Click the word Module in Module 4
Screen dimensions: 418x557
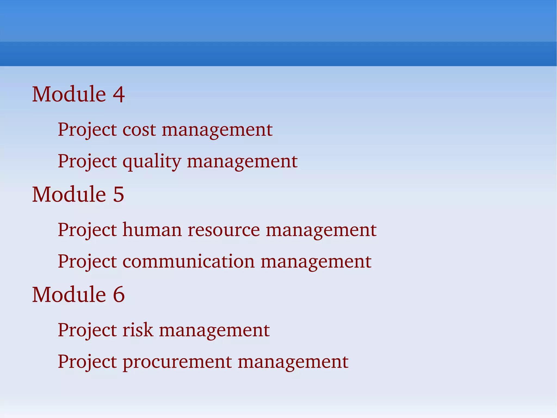[x=69, y=94]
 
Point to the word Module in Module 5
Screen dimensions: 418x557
[x=69, y=194]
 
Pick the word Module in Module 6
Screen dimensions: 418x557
[x=69, y=295]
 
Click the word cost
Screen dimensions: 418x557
[x=139, y=130]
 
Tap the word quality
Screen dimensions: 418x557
[x=152, y=162]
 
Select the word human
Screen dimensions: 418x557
[x=152, y=230]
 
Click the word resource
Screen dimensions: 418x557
[x=224, y=230]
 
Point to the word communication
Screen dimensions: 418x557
[x=189, y=261]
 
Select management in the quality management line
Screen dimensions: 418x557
[x=242, y=162]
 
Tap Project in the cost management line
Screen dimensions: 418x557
[x=87, y=130]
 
